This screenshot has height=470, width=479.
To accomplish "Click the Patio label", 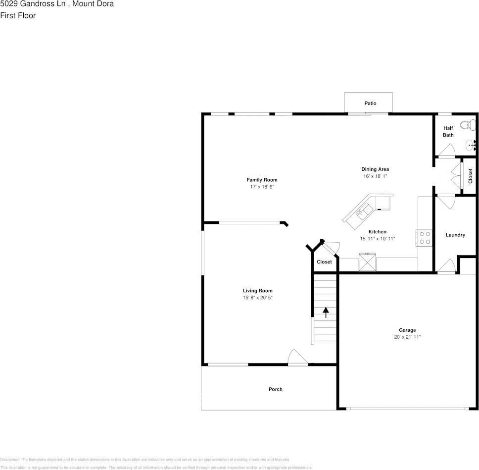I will click(x=370, y=104).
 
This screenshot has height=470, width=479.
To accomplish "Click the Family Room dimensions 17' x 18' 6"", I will click(x=262, y=187).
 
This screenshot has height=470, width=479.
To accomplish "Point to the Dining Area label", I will click(x=375, y=169).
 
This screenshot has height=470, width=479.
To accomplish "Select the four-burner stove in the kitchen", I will click(x=424, y=238).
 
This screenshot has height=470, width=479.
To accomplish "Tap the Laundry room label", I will click(x=455, y=235).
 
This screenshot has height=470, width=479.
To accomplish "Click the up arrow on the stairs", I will click(x=326, y=312).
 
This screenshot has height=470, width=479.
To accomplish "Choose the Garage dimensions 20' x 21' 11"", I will click(x=407, y=337).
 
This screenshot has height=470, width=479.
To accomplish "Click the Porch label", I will click(x=275, y=389).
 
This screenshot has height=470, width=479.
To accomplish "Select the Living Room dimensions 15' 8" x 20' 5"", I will click(x=257, y=298).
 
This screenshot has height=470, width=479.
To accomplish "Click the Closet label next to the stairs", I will click(x=324, y=262).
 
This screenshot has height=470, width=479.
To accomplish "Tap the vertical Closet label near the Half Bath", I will click(x=470, y=176).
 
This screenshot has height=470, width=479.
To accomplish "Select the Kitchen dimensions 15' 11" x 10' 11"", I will click(x=377, y=239).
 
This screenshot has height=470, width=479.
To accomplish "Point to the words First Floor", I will click(x=18, y=15).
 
